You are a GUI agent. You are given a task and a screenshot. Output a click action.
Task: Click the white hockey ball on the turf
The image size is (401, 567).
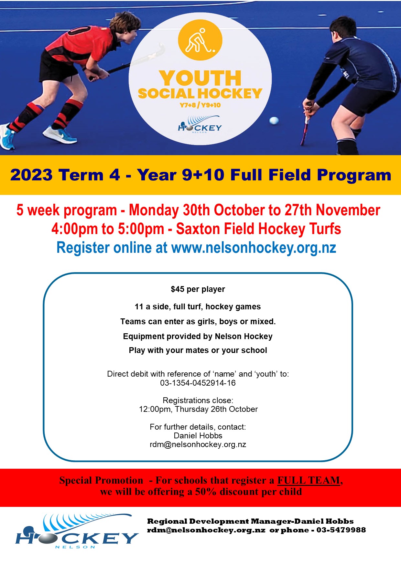(x=274, y=121)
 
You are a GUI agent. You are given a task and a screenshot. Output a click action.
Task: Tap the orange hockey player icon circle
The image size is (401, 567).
(x=200, y=40)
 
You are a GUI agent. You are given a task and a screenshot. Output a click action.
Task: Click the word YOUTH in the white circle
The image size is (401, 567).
(x=200, y=78)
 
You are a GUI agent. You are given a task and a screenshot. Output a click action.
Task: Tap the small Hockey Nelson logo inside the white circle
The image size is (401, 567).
(x=200, y=125)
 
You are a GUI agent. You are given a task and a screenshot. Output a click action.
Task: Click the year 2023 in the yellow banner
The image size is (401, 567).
(x=31, y=175)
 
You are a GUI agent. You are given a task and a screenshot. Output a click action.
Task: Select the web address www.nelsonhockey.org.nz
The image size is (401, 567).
(x=254, y=248)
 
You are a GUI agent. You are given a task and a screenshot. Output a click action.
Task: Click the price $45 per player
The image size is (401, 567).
(x=198, y=289)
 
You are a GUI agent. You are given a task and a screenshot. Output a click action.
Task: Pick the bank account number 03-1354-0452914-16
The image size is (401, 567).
(x=198, y=383)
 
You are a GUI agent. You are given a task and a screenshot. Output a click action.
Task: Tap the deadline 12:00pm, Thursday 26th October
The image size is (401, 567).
(x=198, y=409)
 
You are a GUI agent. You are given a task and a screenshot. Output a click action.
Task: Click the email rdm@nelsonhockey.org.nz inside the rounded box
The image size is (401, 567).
(x=198, y=444)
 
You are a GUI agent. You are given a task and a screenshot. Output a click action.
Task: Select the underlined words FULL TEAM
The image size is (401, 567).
(x=309, y=480)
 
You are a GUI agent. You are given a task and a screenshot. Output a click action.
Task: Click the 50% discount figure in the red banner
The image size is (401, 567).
(x=206, y=492)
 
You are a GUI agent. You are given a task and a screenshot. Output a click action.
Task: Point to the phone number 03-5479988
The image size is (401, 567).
(x=341, y=530)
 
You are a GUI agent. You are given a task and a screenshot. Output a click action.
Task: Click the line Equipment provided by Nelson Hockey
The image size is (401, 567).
(x=198, y=336)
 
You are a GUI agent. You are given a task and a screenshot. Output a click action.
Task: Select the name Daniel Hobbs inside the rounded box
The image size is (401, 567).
(x=198, y=435)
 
